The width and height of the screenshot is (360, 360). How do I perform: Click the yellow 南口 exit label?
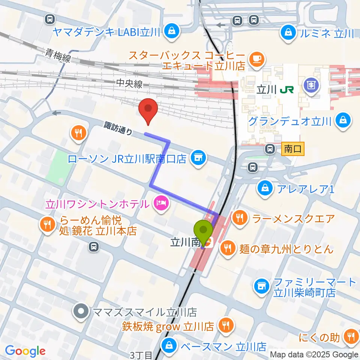(x=293, y=149)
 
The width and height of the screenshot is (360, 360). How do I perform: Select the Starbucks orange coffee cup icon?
(x=257, y=58)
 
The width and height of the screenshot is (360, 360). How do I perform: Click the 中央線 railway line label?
(x=129, y=84)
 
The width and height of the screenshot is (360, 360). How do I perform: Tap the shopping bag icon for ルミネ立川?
(x=289, y=32)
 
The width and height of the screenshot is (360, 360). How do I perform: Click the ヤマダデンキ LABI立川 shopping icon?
(x=171, y=31)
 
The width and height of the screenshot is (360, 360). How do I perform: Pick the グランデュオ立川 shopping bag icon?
(x=343, y=121)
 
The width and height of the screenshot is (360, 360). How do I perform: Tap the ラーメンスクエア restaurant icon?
(x=239, y=217)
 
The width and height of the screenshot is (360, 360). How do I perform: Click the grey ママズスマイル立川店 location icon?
(x=80, y=311)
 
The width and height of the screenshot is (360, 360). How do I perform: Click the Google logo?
(x=25, y=351)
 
